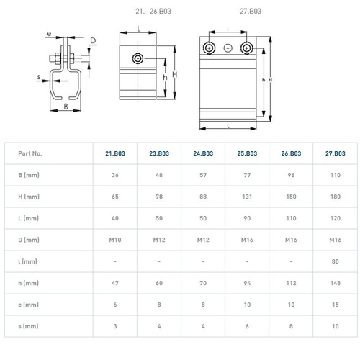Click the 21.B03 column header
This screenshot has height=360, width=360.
(115, 153)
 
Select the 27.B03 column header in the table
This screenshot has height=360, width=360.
(335, 153)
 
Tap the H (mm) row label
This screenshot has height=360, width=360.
(29, 197)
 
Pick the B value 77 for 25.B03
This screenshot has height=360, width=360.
(247, 175)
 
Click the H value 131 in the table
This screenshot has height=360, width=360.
(247, 197)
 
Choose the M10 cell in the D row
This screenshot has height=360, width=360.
(115, 240)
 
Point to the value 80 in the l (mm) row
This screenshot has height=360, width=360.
(335, 261)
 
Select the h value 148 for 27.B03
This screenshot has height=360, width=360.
(335, 283)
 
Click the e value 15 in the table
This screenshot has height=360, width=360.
(335, 305)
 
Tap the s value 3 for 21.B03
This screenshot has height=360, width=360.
(115, 326)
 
